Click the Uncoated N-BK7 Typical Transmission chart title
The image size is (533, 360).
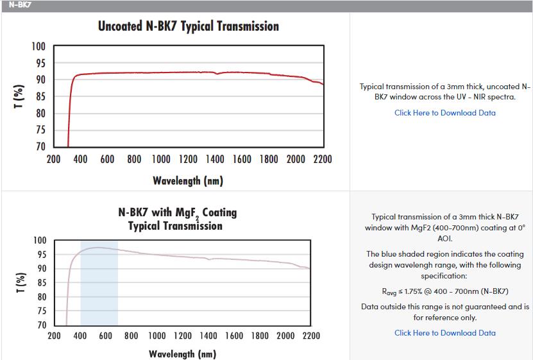[188, 26]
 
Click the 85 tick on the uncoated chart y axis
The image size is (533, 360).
[40, 97]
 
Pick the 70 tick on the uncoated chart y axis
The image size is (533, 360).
[40, 147]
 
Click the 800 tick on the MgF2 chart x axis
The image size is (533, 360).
[131, 336]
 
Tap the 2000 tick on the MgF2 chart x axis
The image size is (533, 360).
[285, 336]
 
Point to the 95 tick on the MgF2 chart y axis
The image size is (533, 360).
[40, 255]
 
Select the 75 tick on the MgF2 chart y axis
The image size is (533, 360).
[40, 311]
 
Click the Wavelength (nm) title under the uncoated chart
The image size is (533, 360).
[187, 180]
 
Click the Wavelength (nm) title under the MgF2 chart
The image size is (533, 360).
[182, 354]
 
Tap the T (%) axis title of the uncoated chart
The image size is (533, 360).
[19, 96]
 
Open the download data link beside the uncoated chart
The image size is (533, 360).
[444, 113]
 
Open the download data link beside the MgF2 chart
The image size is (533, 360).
[444, 332]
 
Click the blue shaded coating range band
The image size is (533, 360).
[99, 289]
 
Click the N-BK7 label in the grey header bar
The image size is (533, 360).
[20, 5]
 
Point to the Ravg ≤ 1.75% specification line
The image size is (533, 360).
[444, 291]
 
